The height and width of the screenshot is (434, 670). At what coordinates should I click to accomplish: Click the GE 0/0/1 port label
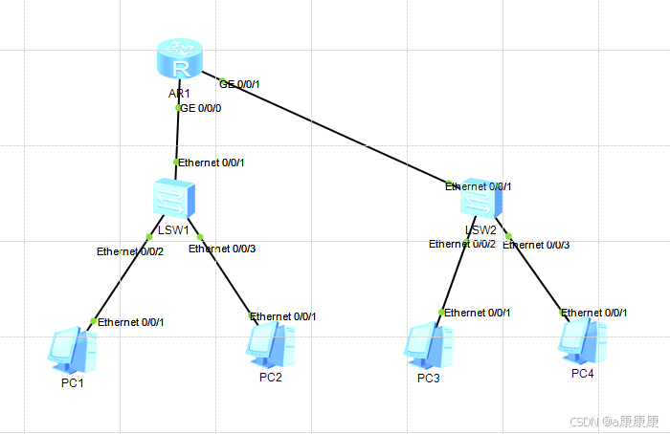[239, 84]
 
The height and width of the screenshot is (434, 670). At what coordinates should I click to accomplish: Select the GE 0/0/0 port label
[201, 109]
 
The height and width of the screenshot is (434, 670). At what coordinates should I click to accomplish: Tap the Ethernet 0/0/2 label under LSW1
[130, 252]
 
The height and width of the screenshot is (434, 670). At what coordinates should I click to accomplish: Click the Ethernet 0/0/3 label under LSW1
[223, 250]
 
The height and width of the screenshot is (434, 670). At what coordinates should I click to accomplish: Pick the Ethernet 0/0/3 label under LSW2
[538, 246]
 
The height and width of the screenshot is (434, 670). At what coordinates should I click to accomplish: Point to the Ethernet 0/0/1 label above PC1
[131, 322]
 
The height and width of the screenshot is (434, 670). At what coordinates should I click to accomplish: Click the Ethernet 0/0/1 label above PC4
[595, 314]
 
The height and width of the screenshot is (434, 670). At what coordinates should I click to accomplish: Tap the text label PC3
[428, 378]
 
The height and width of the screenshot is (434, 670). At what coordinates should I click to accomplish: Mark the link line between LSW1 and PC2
[226, 277]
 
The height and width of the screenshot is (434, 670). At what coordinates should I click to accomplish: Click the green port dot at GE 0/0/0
[178, 108]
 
